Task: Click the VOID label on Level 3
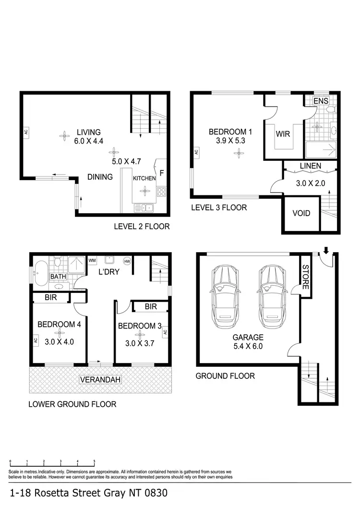click(x=301, y=213)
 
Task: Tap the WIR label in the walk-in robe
click(x=283, y=134)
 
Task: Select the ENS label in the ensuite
click(x=320, y=101)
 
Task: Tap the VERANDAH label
click(x=100, y=380)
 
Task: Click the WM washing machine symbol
click(x=92, y=260)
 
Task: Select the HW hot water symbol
click(x=127, y=261)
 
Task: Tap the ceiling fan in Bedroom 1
click(x=238, y=153)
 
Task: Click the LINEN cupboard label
click(x=311, y=166)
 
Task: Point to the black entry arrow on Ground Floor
click(x=327, y=250)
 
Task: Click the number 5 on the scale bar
click(x=94, y=461)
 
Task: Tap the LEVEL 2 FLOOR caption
click(x=142, y=226)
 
